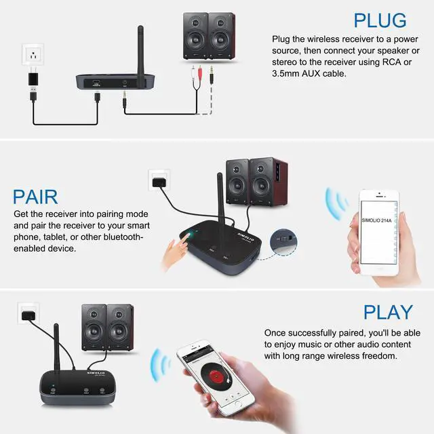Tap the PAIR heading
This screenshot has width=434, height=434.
click(35, 197)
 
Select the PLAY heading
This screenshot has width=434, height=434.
click(388, 312)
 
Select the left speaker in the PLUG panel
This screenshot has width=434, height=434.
click(195, 35)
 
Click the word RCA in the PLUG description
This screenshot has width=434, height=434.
click(394, 62)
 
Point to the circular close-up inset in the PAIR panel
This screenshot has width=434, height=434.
click(283, 240)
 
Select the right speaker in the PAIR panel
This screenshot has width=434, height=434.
click(269, 182)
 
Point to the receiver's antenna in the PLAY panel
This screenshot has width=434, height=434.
click(58, 349)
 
